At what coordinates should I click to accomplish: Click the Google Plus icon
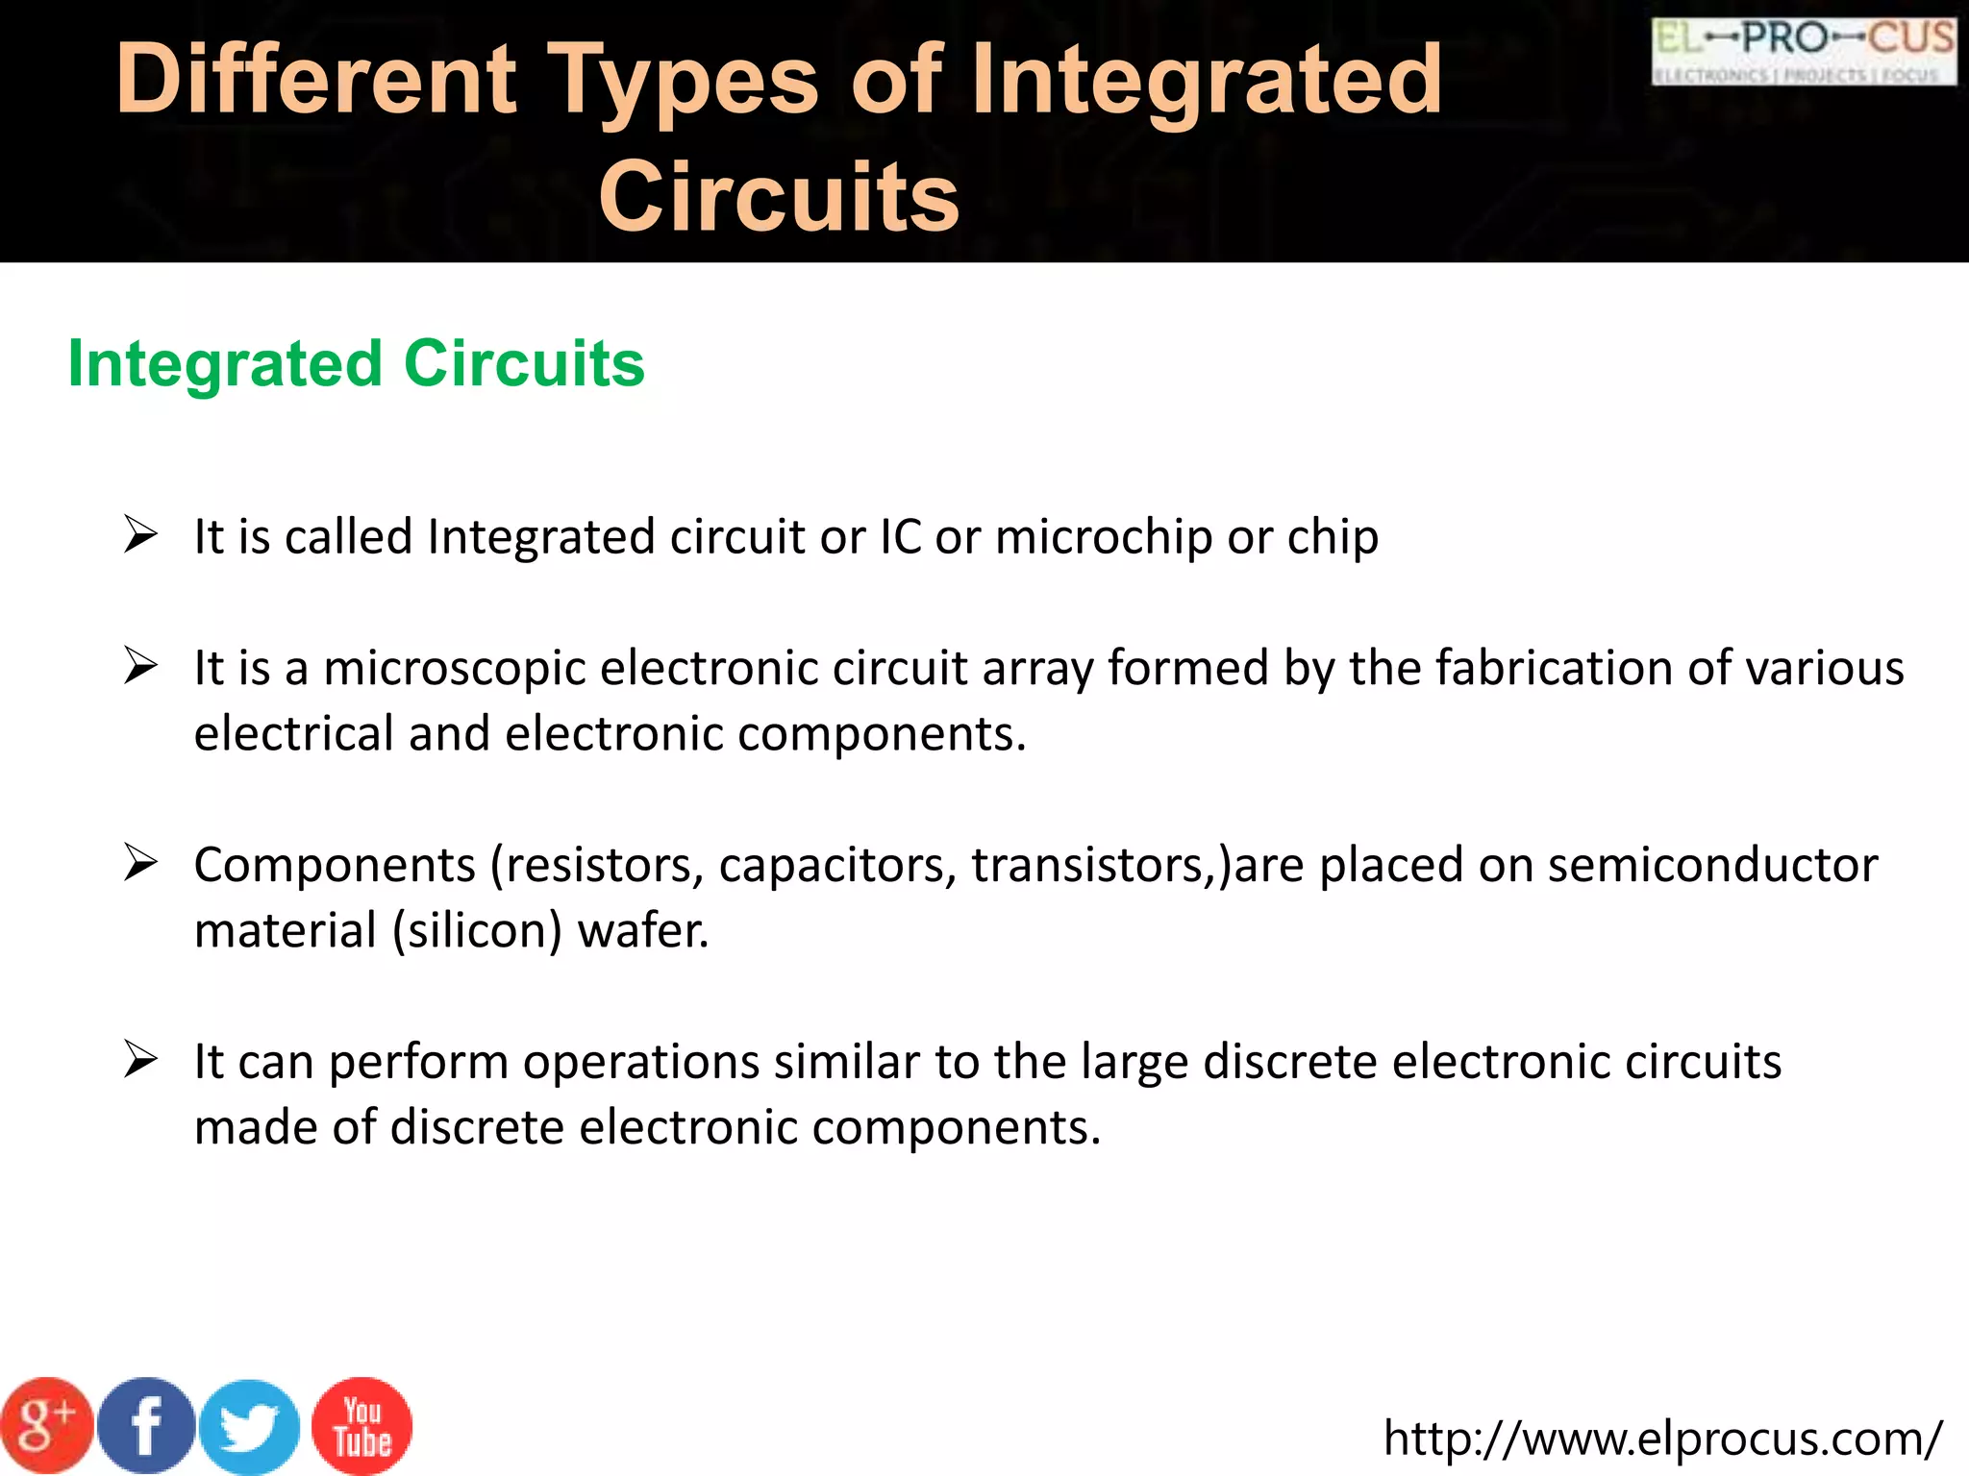[46, 1425]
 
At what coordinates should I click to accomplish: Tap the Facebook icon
[146, 1425]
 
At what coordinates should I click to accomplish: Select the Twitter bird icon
[250, 1427]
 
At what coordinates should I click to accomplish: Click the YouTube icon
[362, 1426]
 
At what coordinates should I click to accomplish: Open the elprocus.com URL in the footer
[1662, 1439]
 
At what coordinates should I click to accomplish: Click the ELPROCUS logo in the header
[1804, 51]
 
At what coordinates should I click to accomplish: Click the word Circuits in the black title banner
[779, 196]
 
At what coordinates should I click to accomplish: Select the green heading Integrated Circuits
[356, 364]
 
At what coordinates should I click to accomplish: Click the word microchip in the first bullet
[1103, 537]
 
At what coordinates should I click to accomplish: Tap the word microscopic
[454, 669]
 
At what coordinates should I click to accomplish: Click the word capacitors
[837, 865]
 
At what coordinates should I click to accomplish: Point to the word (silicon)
[477, 931]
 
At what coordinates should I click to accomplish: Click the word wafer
[643, 930]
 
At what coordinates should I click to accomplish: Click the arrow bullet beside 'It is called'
[140, 534]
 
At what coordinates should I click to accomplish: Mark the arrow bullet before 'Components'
[140, 862]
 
